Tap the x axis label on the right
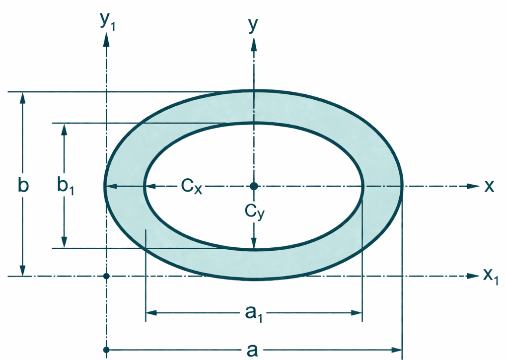coord(489,186)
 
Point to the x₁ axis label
coord(490,276)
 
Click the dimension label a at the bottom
coord(252,350)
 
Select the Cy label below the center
coord(253,212)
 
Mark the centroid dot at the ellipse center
coord(254,186)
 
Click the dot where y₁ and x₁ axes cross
coord(106,276)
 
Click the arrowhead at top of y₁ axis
coord(106,41)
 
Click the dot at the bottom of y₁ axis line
coord(106,350)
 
